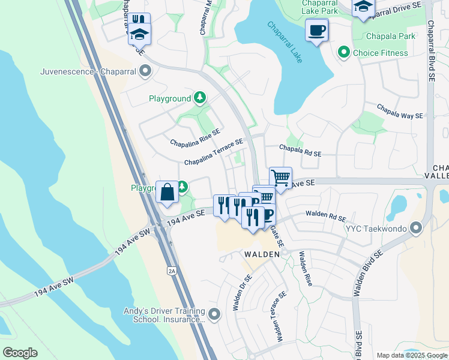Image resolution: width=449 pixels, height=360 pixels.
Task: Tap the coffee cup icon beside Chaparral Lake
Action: click(316, 29)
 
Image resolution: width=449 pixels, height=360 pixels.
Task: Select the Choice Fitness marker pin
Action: click(344, 53)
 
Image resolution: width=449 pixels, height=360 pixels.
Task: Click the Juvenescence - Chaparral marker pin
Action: click(145, 72)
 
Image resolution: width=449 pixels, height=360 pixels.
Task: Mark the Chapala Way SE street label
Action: click(400, 112)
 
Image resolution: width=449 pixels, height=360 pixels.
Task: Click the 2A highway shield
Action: click(172, 271)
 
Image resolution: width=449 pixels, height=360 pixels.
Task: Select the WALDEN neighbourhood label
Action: click(261, 254)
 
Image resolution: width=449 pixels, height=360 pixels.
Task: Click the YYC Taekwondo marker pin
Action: click(415, 228)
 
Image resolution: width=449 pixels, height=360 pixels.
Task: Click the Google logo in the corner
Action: click(20, 353)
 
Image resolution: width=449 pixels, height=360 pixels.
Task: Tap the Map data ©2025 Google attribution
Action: click(411, 355)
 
